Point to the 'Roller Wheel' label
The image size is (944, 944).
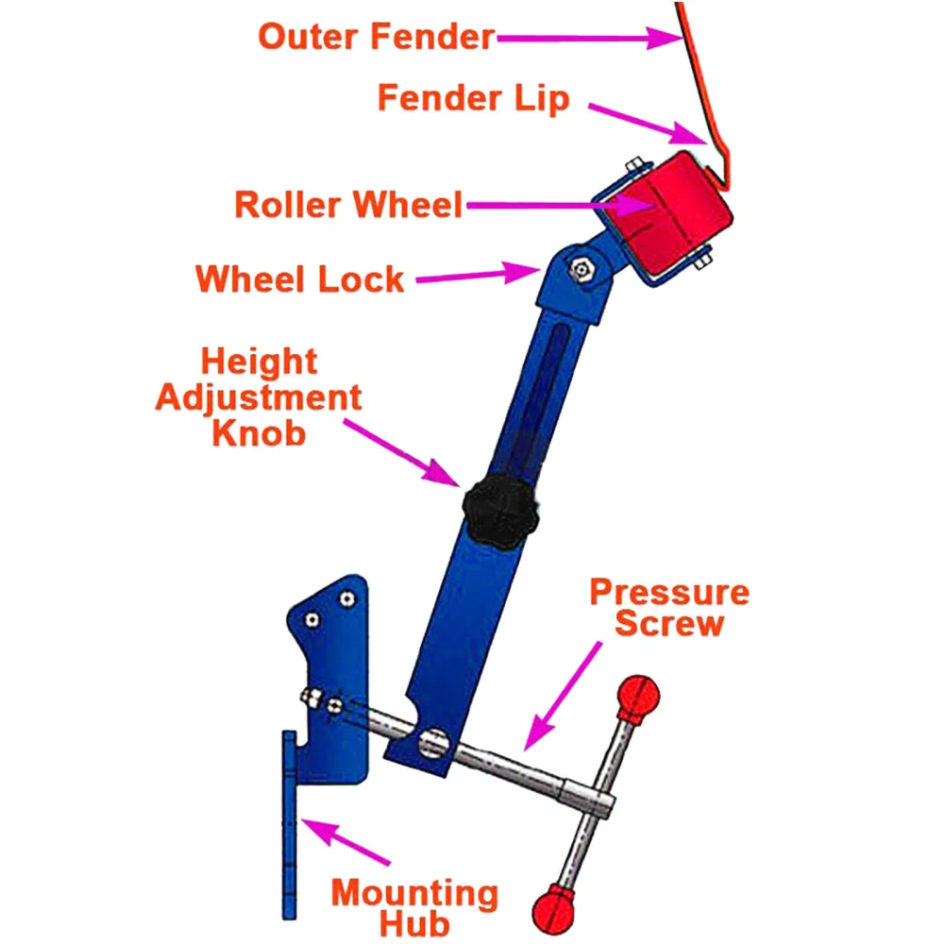pyautogui.click(x=349, y=204)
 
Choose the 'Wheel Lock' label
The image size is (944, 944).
pyautogui.click(x=300, y=279)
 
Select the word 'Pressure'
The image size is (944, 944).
pyautogui.click(x=669, y=593)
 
